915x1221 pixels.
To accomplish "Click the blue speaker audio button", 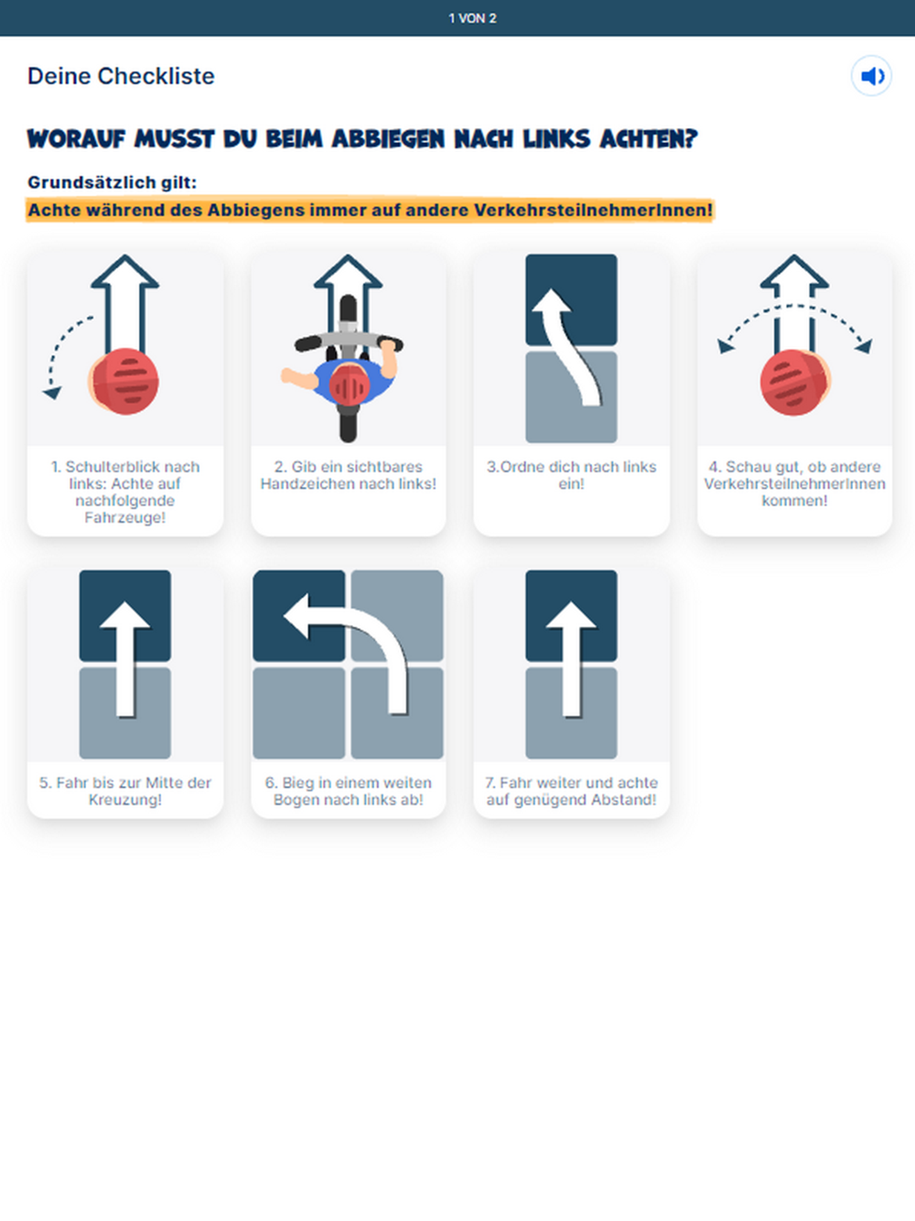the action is click(871, 76).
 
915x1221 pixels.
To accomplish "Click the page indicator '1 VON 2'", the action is click(472, 18).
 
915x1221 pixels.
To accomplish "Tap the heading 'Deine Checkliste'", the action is click(121, 76).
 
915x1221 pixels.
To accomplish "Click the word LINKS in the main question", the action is click(556, 139).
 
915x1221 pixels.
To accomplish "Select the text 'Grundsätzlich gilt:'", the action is click(113, 182).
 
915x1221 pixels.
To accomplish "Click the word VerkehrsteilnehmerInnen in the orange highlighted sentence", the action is click(593, 211).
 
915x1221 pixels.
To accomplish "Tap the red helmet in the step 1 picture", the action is click(125, 382).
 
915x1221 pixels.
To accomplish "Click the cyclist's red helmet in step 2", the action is click(350, 384).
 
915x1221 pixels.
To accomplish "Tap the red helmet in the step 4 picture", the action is click(794, 383).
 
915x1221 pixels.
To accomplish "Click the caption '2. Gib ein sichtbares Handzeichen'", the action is click(348, 475).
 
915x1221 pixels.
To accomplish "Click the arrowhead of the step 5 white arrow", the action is click(125, 615).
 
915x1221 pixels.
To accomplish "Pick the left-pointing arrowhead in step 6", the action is click(296, 616).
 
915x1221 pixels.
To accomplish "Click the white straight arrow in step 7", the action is click(572, 659).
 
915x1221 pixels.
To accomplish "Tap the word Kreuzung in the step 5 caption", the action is click(125, 800).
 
